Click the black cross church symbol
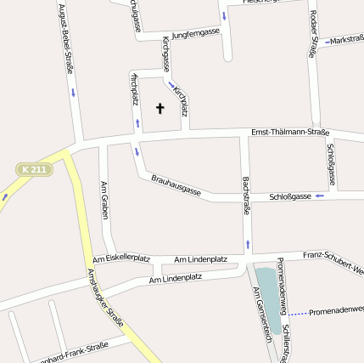160,108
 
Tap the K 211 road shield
36,170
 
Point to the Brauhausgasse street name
176,184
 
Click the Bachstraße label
246,195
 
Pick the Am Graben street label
104,200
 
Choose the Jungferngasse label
195,33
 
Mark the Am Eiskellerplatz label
121,258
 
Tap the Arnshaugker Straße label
105,298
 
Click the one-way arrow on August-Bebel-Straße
73,91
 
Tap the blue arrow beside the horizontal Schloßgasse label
319,196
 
